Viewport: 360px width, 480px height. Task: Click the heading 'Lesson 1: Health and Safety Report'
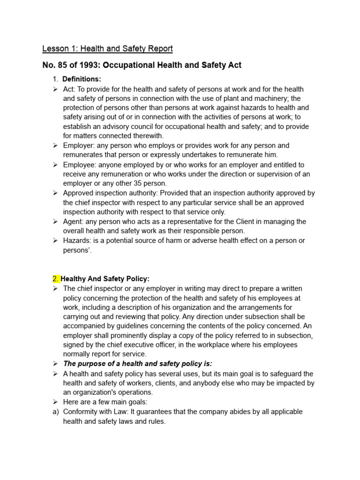pos(107,49)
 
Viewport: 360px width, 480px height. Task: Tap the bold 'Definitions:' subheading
pos(82,79)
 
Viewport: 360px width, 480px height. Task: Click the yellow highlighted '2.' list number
pos(56,279)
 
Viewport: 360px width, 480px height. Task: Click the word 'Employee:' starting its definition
pos(79,165)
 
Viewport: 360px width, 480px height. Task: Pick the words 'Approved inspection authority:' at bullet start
pos(111,193)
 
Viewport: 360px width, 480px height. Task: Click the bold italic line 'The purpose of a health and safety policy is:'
pos(137,364)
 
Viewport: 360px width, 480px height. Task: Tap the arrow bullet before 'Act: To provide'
pos(55,89)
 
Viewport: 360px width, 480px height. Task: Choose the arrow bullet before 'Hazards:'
pos(55,240)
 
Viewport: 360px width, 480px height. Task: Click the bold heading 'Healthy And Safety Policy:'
pos(105,279)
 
